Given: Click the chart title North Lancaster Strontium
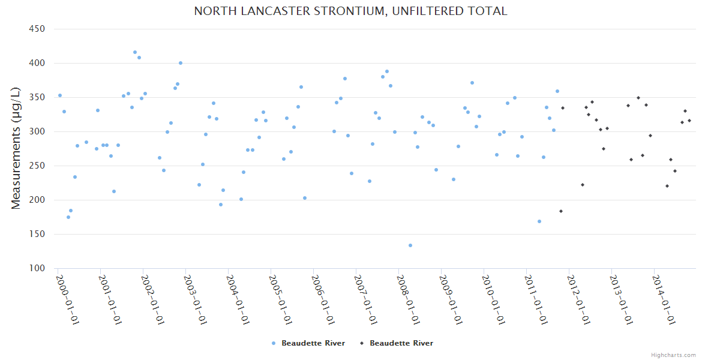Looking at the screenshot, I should (x=350, y=11).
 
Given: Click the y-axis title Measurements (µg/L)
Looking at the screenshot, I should (x=16, y=148).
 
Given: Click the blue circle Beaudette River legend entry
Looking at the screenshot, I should (x=308, y=343).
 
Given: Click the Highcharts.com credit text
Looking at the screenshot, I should (x=673, y=355).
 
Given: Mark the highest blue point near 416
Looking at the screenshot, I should (x=135, y=52).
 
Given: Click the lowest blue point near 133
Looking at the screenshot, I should (x=410, y=245).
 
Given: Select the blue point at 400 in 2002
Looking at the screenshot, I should (x=181, y=63).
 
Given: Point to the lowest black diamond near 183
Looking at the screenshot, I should (x=561, y=211).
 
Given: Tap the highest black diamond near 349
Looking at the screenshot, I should (x=638, y=98).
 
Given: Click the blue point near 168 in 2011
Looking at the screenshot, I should (x=539, y=221).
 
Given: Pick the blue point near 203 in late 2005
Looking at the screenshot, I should (x=305, y=198).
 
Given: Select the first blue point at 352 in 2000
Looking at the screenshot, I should (x=60, y=95).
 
